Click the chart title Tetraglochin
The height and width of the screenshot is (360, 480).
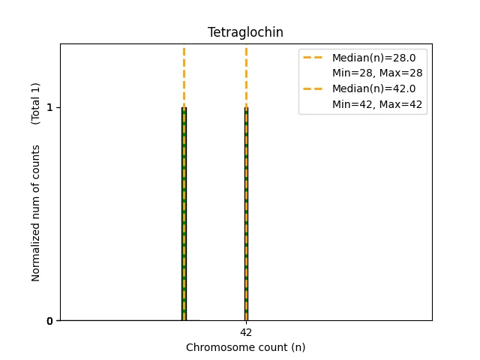point(245,32)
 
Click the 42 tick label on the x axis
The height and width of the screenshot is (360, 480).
point(246,332)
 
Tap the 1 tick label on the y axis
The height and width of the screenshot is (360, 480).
point(49,107)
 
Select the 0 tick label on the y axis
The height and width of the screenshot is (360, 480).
point(49,321)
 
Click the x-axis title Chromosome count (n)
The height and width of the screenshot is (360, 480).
point(245,347)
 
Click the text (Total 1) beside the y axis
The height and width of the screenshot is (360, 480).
point(36,103)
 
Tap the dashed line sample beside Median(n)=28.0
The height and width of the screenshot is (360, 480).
point(314,57)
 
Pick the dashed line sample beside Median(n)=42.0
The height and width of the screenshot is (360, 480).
point(314,88)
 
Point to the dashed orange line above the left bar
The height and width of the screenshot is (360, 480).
point(184,75)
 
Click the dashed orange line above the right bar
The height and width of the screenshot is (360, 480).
point(246,75)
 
